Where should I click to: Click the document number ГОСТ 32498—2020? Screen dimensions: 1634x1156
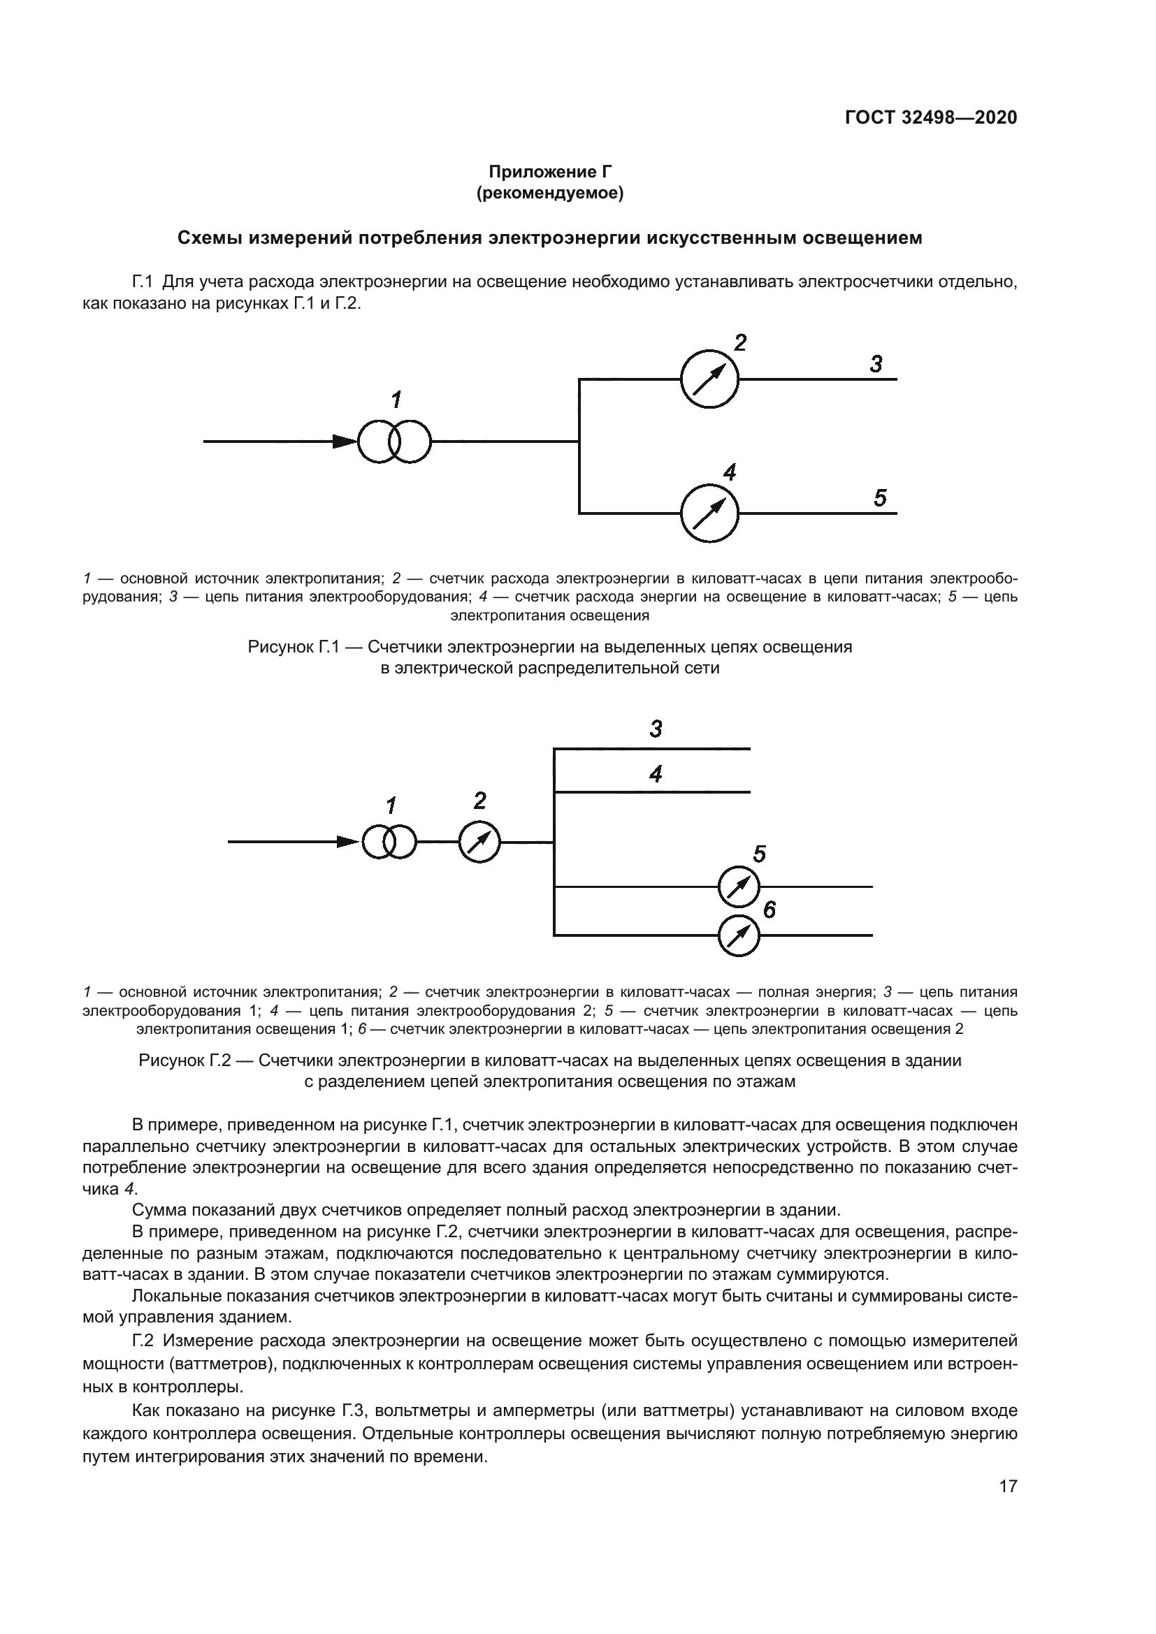point(930,117)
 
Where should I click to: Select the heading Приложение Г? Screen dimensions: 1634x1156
point(549,172)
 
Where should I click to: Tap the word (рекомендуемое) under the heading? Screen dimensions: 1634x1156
point(549,193)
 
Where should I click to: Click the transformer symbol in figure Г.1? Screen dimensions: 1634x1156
point(394,442)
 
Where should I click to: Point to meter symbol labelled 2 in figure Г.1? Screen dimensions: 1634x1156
point(709,379)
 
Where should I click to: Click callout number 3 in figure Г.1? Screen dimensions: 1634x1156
point(876,365)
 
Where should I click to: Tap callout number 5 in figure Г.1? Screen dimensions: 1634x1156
point(880,498)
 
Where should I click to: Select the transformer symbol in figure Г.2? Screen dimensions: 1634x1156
point(389,842)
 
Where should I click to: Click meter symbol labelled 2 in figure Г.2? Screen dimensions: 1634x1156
point(479,842)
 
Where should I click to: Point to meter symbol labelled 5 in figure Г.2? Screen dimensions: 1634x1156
point(739,887)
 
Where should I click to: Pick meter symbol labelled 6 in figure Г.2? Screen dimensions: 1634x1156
point(739,936)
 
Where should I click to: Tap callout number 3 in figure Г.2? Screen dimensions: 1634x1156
point(656,729)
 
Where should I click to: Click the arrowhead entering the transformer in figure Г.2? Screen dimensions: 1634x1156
point(348,842)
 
